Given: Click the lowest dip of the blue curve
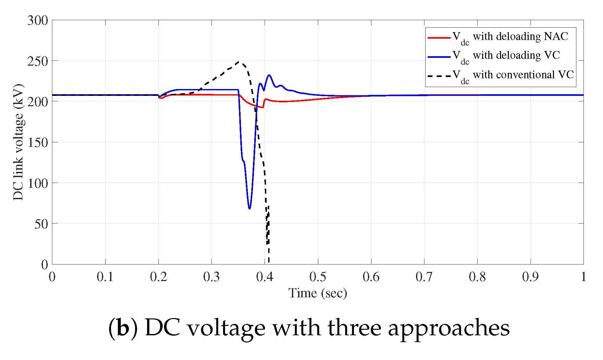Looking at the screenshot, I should click(249, 208).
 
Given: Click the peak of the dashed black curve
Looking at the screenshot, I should click(240, 61).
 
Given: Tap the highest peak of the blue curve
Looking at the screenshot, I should click(269, 75).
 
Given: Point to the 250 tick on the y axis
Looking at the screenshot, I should click(38, 61).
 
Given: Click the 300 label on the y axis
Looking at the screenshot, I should click(38, 20).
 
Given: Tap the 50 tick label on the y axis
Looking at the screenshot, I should click(41, 224).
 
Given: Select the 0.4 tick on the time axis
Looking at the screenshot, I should click(265, 277).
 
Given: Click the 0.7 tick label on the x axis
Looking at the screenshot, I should click(424, 277).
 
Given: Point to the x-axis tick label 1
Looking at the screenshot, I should click(583, 277).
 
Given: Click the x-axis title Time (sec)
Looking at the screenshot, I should click(318, 293).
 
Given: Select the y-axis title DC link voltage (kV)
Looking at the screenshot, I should click(19, 142).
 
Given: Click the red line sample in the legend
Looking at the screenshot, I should click(439, 38).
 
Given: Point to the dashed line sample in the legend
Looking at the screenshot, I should click(439, 76).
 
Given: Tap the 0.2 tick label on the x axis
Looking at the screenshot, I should click(158, 277).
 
